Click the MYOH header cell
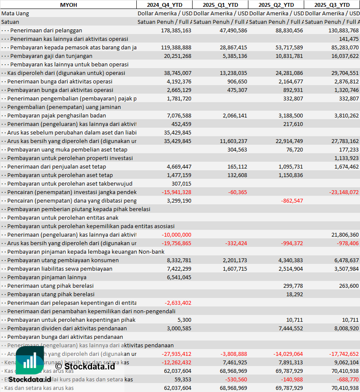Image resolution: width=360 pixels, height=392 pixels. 68,5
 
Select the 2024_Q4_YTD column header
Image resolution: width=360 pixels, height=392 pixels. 164,5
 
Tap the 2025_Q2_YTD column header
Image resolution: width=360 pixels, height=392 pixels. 276,5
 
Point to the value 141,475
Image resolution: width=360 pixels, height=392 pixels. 348,39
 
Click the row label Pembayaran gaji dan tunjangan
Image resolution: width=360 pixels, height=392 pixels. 51,56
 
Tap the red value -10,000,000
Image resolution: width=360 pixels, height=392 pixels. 176,235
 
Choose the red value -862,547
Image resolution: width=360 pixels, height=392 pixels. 292,200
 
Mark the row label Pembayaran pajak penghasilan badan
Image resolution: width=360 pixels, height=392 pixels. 57,115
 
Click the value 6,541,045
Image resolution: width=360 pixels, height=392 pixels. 179,277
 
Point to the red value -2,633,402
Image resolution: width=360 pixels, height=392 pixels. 178,303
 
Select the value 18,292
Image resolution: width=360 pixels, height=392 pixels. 295,294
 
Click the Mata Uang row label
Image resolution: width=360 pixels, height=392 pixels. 15,13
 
